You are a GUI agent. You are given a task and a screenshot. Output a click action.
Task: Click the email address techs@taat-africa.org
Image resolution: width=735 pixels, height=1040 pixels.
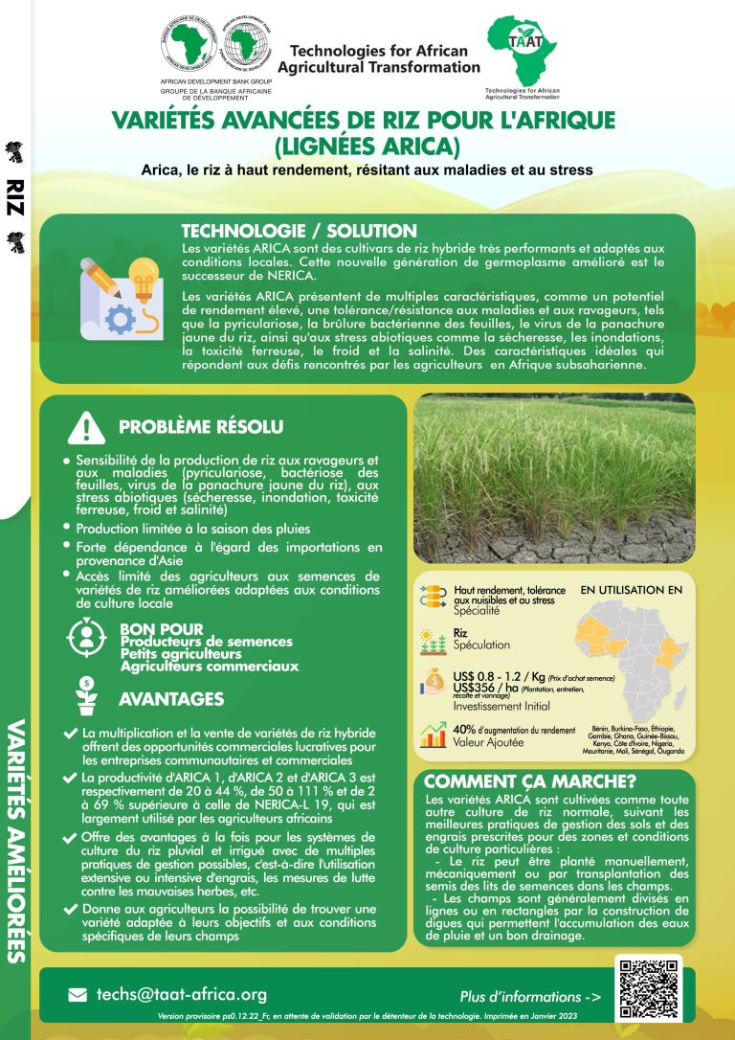coord(181,994)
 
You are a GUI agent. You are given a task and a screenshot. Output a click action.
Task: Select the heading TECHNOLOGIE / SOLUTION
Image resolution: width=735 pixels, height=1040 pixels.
coord(299,232)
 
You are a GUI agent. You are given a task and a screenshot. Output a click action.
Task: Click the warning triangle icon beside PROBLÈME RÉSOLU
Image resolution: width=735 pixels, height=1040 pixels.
coord(87,426)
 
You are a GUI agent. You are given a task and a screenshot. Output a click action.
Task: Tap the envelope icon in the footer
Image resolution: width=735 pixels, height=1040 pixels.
coord(78,995)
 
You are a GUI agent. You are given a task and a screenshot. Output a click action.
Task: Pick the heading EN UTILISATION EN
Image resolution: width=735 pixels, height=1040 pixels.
coord(632,591)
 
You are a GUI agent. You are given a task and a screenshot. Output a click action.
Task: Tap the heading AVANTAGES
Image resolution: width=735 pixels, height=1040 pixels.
coord(171,699)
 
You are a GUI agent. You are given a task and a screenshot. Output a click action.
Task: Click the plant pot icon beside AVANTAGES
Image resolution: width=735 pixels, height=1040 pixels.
coord(87,696)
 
